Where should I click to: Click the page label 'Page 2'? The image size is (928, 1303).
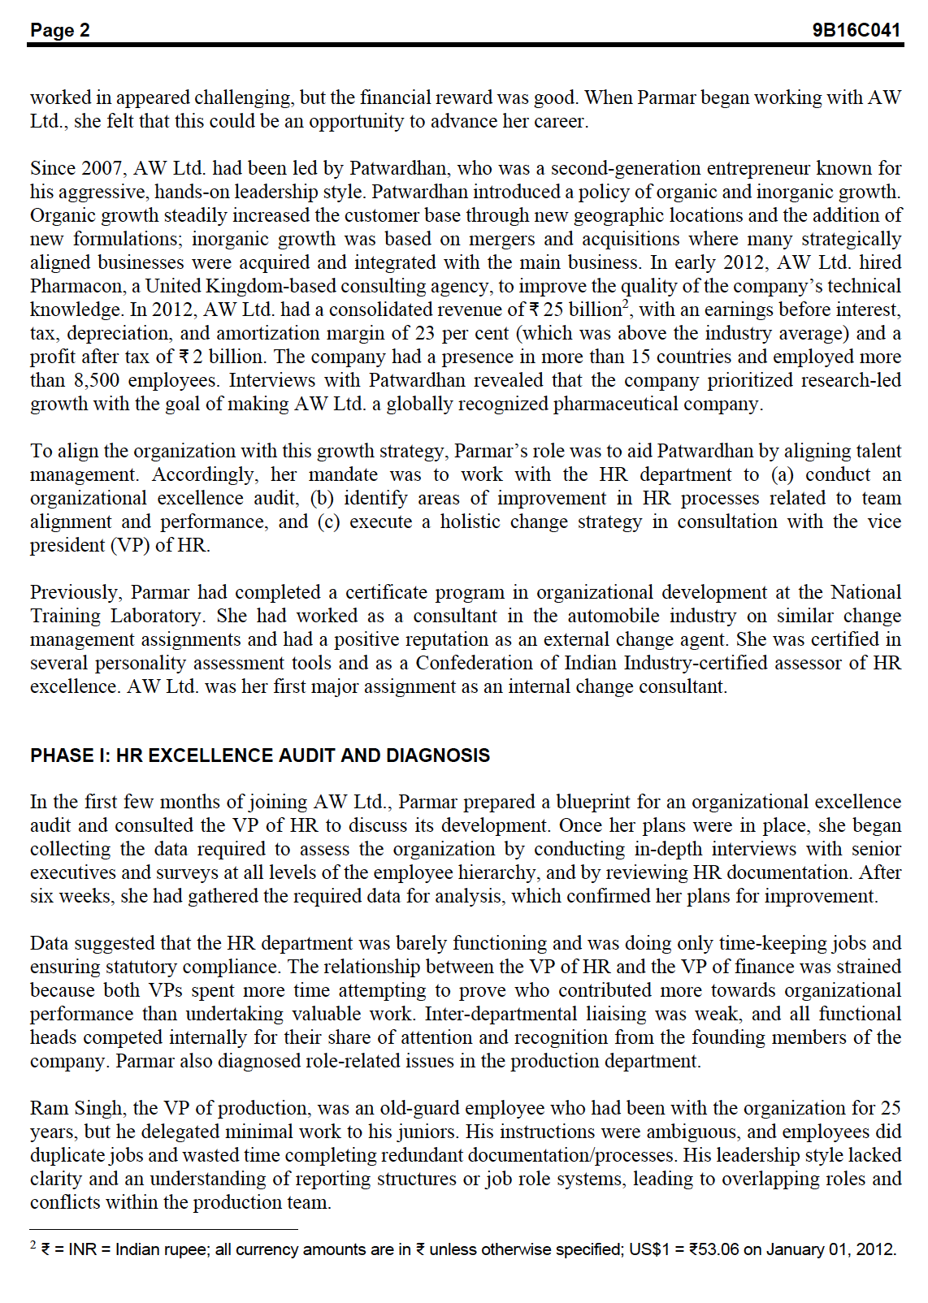point(60,30)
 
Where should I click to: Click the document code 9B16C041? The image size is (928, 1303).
point(856,30)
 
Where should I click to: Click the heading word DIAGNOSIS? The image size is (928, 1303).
point(437,755)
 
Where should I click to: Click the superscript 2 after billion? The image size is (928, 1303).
point(626,304)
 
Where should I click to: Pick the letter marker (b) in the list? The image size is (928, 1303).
point(322,498)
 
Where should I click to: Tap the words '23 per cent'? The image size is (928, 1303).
point(466,333)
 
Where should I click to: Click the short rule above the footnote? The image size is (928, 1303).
point(163,1229)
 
